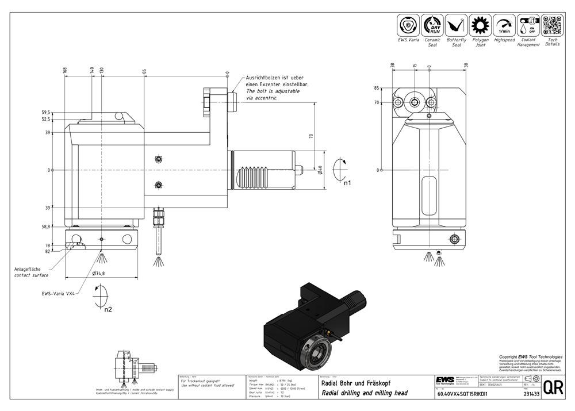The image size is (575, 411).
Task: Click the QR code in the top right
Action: (552, 25)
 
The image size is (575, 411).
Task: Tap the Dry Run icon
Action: (432, 25)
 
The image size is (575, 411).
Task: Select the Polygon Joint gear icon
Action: (481, 25)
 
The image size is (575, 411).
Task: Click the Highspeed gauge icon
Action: (504, 25)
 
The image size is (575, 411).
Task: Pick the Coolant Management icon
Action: (528, 25)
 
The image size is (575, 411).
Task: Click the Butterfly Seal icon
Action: (457, 25)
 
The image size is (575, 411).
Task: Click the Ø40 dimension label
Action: (320, 170)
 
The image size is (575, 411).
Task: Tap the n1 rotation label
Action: (347, 183)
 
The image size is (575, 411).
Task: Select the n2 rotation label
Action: (108, 309)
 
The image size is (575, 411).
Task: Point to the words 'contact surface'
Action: (31, 275)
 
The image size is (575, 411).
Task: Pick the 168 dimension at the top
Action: (65, 70)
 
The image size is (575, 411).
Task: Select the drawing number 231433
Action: (531, 394)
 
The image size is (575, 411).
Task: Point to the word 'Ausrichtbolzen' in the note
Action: (261, 78)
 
